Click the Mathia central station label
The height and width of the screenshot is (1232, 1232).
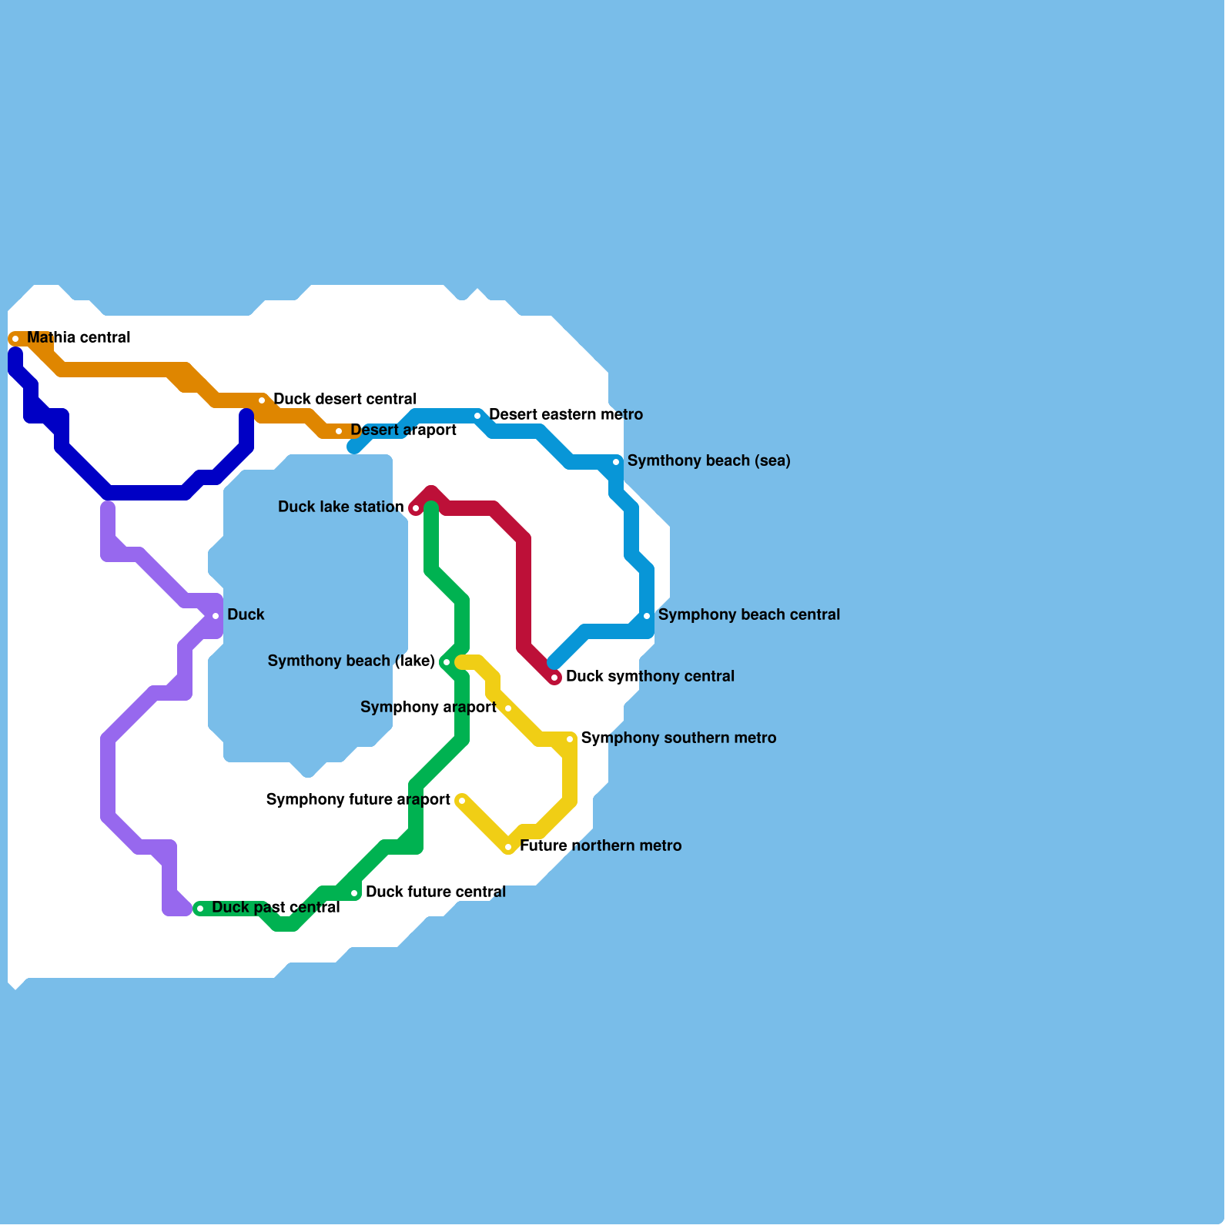(x=79, y=338)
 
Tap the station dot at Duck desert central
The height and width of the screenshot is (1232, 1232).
(x=262, y=400)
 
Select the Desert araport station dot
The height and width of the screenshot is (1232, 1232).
(x=339, y=431)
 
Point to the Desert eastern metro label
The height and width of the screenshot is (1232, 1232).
(x=565, y=415)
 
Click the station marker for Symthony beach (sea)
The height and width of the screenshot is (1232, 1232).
(x=616, y=462)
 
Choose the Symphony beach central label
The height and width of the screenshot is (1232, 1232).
(x=748, y=615)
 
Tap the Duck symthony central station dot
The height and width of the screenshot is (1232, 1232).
(x=554, y=678)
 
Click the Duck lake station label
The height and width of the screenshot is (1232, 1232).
(x=340, y=507)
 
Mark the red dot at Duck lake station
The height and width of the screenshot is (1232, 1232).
(x=416, y=508)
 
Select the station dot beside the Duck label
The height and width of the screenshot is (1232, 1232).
(x=216, y=616)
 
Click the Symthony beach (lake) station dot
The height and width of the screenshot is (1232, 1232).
(x=447, y=662)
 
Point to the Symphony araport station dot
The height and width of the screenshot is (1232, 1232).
(x=508, y=708)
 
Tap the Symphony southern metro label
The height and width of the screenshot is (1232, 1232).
(x=678, y=738)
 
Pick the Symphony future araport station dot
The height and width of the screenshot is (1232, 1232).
(x=462, y=801)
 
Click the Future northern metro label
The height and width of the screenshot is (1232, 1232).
(x=601, y=846)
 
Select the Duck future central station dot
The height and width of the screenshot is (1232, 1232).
(x=354, y=893)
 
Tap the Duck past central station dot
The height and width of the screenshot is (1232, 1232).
(x=200, y=909)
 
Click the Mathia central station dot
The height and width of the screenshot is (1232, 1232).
(x=15, y=339)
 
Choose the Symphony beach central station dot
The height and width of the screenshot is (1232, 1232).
(x=647, y=616)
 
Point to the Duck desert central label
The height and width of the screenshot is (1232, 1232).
(x=344, y=400)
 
